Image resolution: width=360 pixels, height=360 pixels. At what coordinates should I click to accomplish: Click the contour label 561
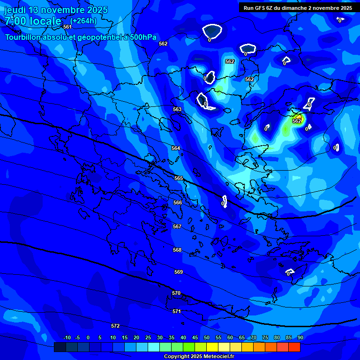click(x=67, y=27)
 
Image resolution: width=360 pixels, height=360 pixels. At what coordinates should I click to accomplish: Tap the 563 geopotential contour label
click(x=177, y=109)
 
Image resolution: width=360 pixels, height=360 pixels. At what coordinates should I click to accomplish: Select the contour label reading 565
click(x=179, y=178)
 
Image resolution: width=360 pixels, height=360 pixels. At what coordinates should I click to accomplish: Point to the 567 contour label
click(x=177, y=226)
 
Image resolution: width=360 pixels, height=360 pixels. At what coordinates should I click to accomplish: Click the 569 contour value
click(x=178, y=272)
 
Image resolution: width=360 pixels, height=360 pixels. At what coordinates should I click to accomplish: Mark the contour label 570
click(x=176, y=293)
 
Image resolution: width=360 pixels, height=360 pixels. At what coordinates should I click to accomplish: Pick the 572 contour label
click(x=115, y=326)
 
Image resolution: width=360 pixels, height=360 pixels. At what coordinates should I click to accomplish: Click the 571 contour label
click(x=177, y=311)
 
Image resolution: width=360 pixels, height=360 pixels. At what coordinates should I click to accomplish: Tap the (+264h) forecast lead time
click(x=83, y=21)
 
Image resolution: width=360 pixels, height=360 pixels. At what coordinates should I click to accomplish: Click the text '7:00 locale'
click(x=33, y=21)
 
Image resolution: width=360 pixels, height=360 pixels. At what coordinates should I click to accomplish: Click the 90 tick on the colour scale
click(x=300, y=337)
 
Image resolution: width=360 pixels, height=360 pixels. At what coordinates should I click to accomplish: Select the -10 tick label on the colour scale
click(x=67, y=337)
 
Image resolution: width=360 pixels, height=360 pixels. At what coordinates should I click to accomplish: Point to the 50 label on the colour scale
click(x=207, y=337)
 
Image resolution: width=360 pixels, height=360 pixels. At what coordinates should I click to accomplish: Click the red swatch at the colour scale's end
click(x=294, y=347)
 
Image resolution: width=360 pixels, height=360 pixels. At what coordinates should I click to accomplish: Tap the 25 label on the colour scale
click(x=148, y=337)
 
